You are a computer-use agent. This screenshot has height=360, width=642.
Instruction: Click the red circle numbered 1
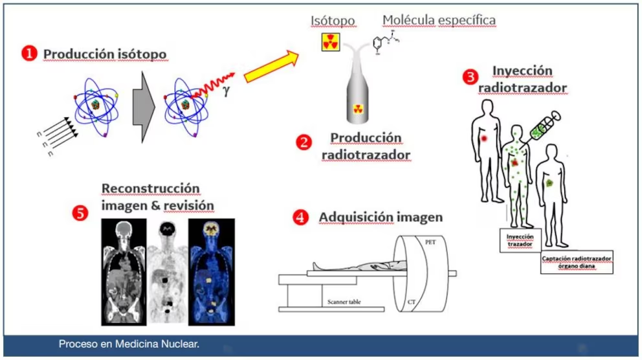(x=29, y=54)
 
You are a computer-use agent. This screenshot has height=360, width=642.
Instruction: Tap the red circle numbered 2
(x=304, y=142)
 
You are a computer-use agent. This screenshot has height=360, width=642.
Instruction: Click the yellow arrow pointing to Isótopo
(x=272, y=67)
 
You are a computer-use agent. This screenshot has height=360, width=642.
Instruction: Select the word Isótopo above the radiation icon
(x=333, y=21)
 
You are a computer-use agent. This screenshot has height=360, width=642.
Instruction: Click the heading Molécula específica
(x=439, y=20)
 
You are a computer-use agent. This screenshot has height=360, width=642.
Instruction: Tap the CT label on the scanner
(x=410, y=302)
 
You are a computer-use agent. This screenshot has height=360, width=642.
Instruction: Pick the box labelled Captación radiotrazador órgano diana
(x=577, y=263)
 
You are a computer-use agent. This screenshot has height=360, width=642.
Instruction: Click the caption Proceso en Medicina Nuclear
(x=129, y=344)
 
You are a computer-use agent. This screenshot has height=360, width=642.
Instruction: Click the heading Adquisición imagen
(x=381, y=218)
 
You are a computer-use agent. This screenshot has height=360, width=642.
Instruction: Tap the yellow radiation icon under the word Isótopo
(x=331, y=43)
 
